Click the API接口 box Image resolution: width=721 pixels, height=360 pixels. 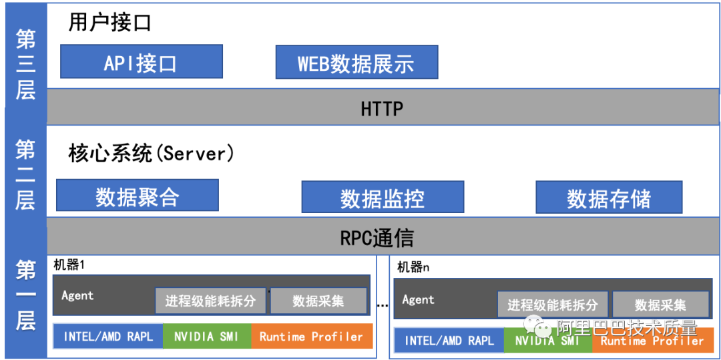tap(141, 61)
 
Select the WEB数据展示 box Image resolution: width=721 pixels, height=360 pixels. tap(356, 62)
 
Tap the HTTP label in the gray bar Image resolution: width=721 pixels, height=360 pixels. tap(382, 109)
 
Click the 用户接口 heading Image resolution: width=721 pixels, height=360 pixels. tap(110, 22)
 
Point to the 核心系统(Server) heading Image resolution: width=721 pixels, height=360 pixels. tap(152, 154)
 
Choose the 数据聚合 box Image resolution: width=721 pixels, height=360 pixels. tap(137, 196)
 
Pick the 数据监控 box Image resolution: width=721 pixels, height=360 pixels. tap(383, 197)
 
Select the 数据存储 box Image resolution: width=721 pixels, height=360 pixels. tap(609, 197)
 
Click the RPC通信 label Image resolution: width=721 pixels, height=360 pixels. tap(377, 238)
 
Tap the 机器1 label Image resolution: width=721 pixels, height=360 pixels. tap(69, 265)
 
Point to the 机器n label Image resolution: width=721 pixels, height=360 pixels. tap(413, 267)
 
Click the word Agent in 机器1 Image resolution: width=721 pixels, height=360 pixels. tap(77, 295)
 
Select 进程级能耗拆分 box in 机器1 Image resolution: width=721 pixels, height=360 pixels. tap(210, 301)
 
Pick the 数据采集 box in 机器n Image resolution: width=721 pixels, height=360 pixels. tap(661, 305)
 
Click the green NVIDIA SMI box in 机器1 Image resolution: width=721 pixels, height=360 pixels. tap(207, 336)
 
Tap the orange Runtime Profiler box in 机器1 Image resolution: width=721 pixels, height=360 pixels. tap(311, 336)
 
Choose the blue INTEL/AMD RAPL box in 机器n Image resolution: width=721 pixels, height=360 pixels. tap(449, 341)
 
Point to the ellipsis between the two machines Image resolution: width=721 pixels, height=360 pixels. tap(382, 305)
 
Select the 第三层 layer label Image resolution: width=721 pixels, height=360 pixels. tap(26, 65)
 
